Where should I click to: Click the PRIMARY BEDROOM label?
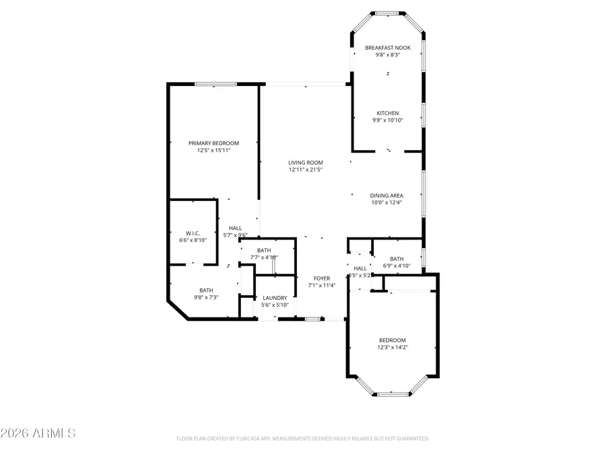coord(213,143)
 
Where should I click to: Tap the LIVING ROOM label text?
coord(306,162)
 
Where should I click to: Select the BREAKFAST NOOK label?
coord(387,48)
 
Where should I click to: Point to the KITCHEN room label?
coord(387,113)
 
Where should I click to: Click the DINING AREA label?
coord(386,195)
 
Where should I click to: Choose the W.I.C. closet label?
coord(193,233)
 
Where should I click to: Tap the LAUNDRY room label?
coord(275,298)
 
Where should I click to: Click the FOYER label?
coord(321,278)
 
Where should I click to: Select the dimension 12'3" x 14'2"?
coord(393,348)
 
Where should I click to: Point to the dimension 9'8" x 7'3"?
coord(205,297)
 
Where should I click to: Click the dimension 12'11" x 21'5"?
coord(306,169)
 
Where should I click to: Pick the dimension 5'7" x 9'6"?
coord(235,235)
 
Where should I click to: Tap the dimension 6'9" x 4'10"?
coord(397,266)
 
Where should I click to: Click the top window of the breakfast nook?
coord(386,12)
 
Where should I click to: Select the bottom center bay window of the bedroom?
coord(393,394)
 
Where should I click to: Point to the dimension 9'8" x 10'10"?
coord(387,120)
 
